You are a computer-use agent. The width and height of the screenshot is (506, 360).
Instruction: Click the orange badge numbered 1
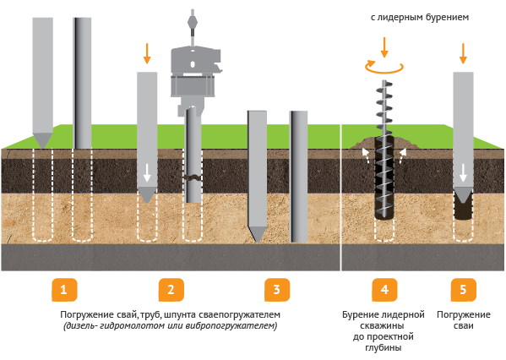pos(64,290)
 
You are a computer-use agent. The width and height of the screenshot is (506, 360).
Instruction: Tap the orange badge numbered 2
pos(171,290)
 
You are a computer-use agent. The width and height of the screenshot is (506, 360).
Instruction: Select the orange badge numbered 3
pos(277,290)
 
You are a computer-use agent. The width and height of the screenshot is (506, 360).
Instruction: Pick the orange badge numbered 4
pos(384,290)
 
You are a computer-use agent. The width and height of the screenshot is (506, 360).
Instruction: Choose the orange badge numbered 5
pos(464,290)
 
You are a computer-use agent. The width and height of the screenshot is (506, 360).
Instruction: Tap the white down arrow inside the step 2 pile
pos(147,172)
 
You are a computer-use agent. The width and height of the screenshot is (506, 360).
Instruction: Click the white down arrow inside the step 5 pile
pos(463,172)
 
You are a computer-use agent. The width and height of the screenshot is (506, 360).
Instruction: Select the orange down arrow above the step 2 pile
pos(147,53)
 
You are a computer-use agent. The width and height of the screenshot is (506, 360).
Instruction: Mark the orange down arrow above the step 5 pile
pos(463,53)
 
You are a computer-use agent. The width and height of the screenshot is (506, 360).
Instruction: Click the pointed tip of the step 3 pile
pos(257,242)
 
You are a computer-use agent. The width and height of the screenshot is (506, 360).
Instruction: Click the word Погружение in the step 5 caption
pos(464,314)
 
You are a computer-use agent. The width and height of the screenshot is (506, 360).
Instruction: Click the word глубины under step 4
pos(384,347)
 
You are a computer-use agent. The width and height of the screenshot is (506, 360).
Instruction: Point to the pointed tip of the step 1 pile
pos(42,148)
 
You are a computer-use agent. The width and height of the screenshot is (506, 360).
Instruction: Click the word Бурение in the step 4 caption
pos(361,314)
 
